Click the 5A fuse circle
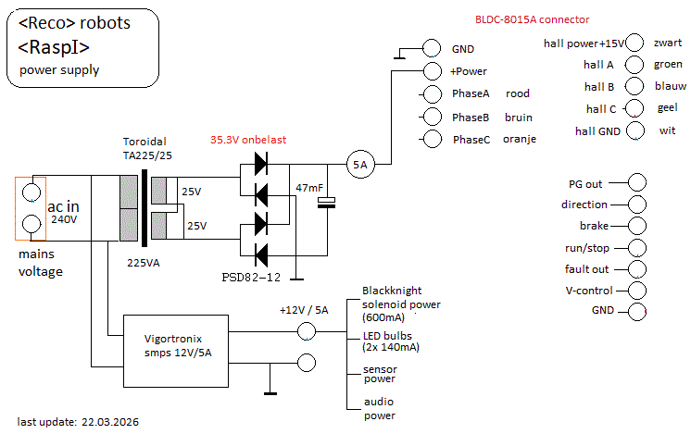359,165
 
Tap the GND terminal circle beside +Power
433,48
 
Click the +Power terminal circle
433,71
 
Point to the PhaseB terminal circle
433,117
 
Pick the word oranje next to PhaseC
520,140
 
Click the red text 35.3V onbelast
248,140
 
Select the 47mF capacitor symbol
326,203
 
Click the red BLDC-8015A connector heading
532,19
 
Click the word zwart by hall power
668,43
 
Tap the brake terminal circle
636,227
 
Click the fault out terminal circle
636,270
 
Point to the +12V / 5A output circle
308,332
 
